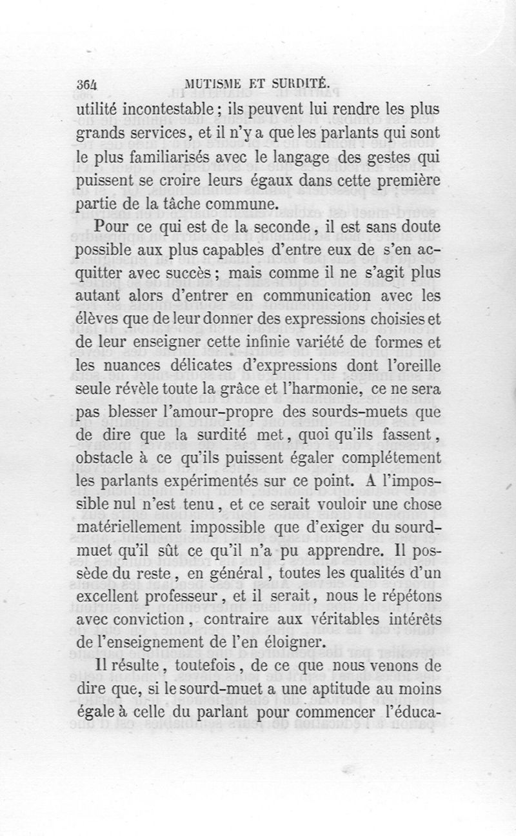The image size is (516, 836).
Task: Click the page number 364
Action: [x=86, y=83]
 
